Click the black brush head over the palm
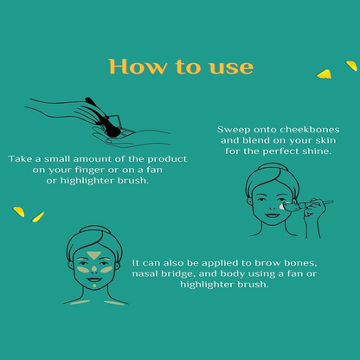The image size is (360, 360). [x=112, y=132]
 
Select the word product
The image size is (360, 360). [x=167, y=159]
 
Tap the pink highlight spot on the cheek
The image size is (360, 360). [x=282, y=206]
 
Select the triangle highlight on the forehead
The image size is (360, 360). [x=93, y=255]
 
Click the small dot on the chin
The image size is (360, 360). [x=94, y=286]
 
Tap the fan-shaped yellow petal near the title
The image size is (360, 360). [x=325, y=74]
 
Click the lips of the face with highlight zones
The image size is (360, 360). [x=94, y=280]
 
